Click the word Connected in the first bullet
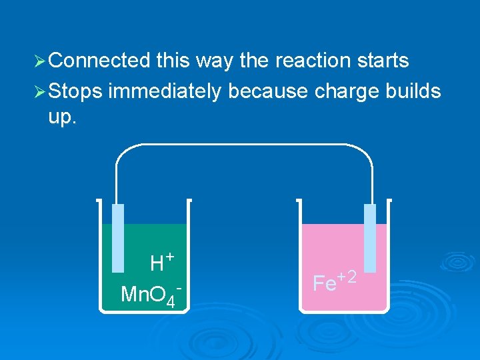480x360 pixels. pos(99,61)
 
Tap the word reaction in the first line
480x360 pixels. pos(313,61)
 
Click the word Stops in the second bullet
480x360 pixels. pos(75,90)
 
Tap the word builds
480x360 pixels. pos(413,90)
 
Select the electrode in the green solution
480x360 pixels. pos(118,237)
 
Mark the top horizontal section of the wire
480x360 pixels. pos(244,145)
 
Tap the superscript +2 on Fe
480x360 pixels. pos(348,275)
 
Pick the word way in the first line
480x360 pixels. pos(215,61)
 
